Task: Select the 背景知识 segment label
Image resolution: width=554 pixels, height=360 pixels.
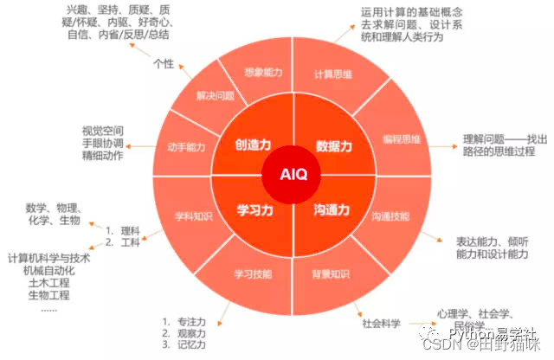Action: [x=332, y=274]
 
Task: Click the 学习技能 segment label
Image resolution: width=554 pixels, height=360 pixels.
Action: [x=252, y=274]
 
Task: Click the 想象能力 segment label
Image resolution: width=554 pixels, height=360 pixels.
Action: [x=263, y=74]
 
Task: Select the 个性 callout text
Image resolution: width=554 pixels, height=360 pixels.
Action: [x=164, y=63]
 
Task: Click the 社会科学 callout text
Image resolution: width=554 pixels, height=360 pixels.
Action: [x=382, y=324]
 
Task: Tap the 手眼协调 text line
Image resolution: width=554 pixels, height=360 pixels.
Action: [x=102, y=144]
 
